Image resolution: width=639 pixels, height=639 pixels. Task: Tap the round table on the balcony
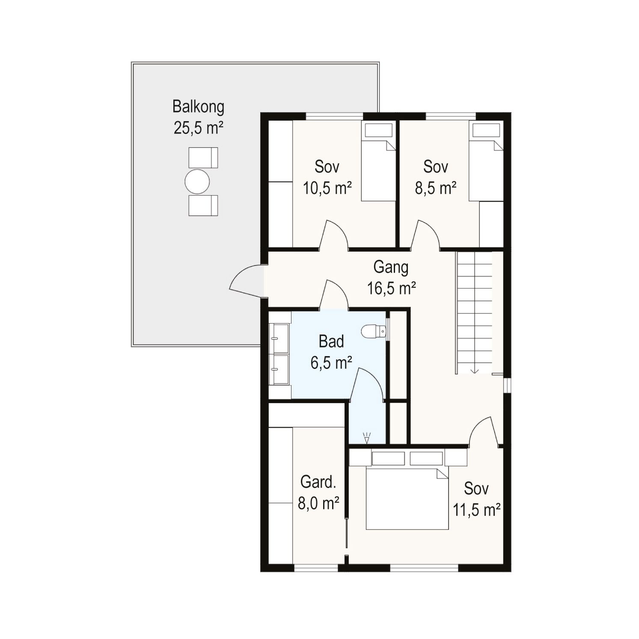coord(197,182)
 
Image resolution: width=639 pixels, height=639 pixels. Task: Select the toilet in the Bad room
coord(374,331)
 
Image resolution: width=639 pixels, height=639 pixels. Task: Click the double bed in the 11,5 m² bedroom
coord(407,499)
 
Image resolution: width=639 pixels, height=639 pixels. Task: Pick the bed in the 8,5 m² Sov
coord(486,162)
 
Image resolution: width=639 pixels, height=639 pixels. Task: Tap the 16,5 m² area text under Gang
coord(391,288)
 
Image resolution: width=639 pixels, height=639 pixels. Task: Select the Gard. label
coord(318,482)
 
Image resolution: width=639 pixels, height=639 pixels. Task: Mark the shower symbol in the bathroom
coord(367,437)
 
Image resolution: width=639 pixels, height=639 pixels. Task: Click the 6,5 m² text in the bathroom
coord(331,363)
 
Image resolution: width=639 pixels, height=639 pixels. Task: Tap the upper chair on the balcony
coord(203,158)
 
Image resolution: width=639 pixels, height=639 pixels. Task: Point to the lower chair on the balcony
coord(203,205)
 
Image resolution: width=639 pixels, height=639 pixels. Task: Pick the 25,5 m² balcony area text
coord(198,128)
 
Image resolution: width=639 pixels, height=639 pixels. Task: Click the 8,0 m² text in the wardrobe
coord(318,503)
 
